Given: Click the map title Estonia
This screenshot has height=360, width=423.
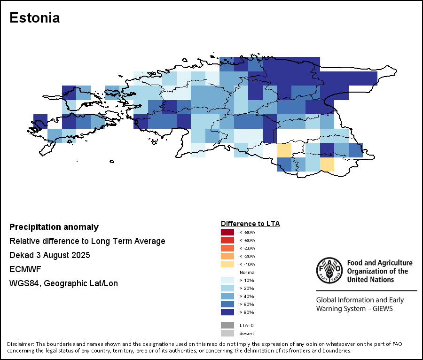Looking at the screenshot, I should [34, 18].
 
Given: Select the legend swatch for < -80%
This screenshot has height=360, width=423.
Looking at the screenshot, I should [227, 232].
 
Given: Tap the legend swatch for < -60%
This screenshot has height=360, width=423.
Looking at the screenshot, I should [227, 240].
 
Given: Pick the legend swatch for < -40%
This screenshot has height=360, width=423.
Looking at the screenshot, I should [227, 248].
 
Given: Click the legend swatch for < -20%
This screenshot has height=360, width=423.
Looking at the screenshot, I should [227, 256].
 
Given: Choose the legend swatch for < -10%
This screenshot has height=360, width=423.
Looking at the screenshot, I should [227, 264].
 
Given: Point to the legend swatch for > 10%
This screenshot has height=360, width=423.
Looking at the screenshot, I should [227, 280].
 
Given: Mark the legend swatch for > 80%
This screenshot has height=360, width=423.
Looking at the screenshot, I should [227, 312].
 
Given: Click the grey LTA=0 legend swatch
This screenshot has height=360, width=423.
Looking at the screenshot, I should [227, 325].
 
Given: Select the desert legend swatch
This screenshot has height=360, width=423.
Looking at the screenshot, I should [227, 333].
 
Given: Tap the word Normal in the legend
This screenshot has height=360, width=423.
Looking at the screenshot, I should [247, 273].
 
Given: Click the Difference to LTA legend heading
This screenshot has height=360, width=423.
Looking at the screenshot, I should [250, 224].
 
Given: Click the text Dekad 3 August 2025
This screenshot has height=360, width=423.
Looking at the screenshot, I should [49, 255].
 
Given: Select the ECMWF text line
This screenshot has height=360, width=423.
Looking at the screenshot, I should [23, 269].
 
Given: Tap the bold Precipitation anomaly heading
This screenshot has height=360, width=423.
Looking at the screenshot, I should [54, 227].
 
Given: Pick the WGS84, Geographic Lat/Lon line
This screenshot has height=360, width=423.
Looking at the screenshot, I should [63, 283].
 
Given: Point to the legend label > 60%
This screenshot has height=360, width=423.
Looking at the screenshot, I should [247, 304].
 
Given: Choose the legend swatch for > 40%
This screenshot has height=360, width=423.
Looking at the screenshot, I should [227, 296].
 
